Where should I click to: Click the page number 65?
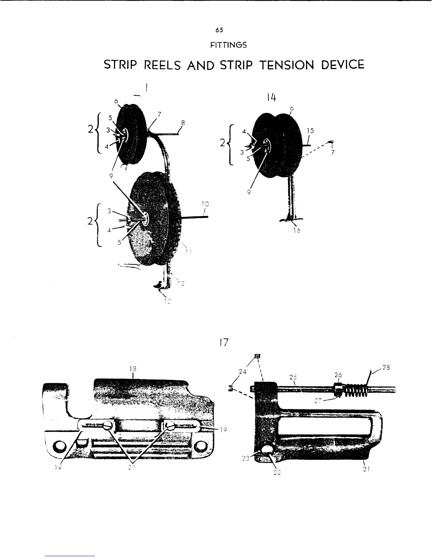219,30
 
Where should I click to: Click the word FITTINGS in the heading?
228,45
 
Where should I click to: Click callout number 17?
224,342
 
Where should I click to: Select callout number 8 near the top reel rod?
183,123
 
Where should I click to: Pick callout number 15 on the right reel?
310,130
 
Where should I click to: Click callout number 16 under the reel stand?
297,230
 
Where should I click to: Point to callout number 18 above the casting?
133,368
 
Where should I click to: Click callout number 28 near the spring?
386,367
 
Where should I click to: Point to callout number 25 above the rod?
293,377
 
